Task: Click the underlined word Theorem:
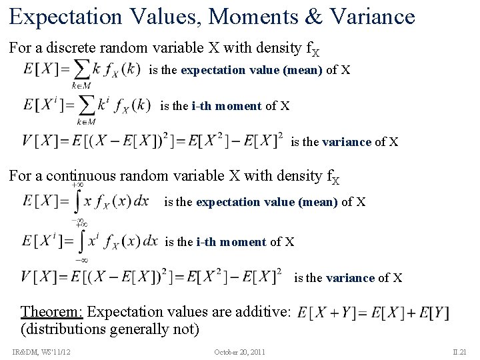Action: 52,311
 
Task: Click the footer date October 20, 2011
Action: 239,351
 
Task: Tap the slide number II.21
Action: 459,351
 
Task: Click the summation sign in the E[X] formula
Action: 81,69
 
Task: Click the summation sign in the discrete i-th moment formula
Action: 85,105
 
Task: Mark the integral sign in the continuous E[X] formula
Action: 79,201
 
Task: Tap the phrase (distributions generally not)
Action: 110,329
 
